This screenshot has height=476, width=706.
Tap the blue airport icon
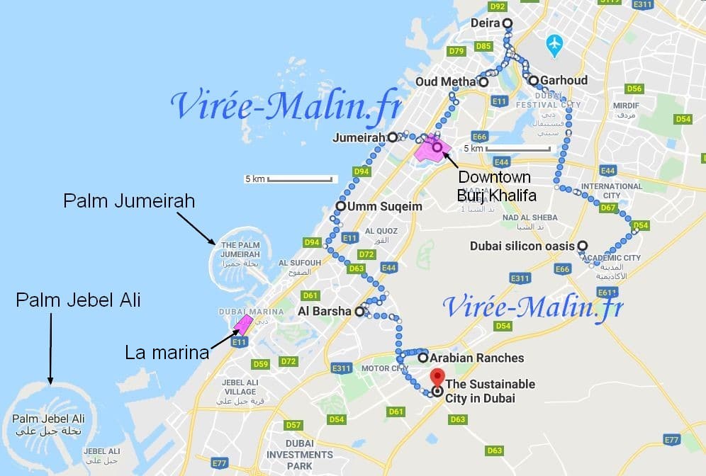pyautogui.click(x=554, y=46)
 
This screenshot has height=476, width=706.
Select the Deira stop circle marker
pyautogui.click(x=508, y=23)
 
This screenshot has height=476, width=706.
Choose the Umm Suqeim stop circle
pyautogui.click(x=340, y=208)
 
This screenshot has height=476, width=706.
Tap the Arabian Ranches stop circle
pyautogui.click(x=423, y=358)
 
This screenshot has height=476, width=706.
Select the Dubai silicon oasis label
pyautogui.click(x=523, y=246)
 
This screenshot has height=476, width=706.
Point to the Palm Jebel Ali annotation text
pyautogui.click(x=78, y=300)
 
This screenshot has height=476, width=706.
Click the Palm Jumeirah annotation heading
pyautogui.click(x=129, y=202)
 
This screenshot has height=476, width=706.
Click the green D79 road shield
pyautogui.click(x=456, y=51)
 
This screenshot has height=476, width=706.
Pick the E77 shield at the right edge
pyautogui.click(x=672, y=440)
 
